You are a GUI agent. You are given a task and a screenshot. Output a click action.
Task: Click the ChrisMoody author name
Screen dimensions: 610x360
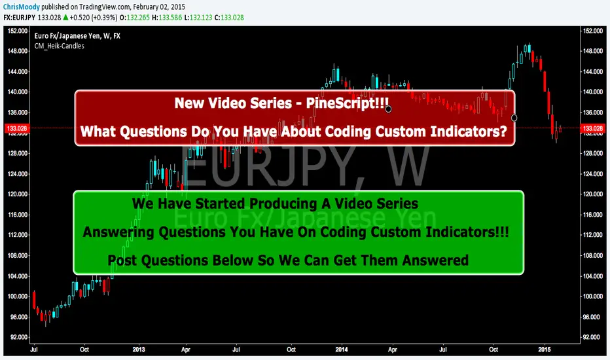21,7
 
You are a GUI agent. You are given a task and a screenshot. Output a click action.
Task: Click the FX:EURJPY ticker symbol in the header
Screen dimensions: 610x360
19,18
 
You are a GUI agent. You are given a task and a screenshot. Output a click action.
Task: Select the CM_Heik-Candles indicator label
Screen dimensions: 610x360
59,46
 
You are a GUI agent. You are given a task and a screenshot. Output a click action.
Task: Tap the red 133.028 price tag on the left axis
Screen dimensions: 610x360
17,128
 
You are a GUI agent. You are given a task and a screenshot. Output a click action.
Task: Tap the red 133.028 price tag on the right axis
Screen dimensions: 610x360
592,128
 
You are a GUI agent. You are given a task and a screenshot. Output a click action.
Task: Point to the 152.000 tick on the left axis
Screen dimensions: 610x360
18,31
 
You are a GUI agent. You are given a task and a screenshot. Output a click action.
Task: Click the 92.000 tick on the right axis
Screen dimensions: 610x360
592,337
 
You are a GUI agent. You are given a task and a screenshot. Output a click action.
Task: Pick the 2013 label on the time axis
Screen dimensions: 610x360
139,350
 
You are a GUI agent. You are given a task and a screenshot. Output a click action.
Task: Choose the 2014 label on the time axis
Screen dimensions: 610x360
342,350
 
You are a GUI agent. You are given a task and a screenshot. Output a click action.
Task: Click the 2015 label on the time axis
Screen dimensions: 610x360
545,350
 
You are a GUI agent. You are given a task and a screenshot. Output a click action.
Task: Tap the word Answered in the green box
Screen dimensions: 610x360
435,260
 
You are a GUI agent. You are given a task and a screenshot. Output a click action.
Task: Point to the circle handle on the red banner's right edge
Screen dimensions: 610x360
514,118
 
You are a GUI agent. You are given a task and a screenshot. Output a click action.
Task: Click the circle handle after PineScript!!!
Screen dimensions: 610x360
388,109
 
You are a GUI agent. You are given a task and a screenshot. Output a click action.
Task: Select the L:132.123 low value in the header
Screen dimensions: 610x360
198,18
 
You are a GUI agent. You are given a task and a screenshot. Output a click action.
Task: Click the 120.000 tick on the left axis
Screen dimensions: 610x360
18,194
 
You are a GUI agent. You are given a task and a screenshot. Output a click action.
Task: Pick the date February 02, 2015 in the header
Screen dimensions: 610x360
159,7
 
